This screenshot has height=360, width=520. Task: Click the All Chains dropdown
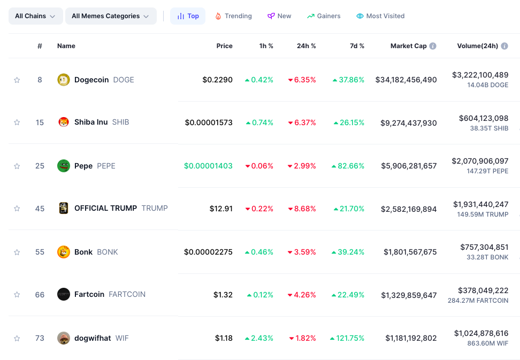[x=35, y=16]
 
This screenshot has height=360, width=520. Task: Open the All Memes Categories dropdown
[x=110, y=16]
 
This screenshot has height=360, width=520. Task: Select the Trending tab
[x=233, y=16]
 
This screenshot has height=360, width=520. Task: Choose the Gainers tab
[x=324, y=16]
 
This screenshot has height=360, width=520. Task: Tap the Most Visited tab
[x=380, y=16]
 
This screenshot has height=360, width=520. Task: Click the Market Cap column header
[x=408, y=46]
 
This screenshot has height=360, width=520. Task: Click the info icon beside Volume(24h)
[x=503, y=46]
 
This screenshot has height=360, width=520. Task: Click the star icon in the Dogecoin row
[x=17, y=80]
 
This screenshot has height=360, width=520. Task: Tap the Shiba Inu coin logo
[x=64, y=122]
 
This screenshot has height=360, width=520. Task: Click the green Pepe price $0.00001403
[x=208, y=166]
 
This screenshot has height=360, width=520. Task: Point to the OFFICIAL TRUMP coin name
[x=105, y=208]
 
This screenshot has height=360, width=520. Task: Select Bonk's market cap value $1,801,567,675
[x=410, y=252]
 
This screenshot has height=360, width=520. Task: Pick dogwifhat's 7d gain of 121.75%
[x=347, y=338]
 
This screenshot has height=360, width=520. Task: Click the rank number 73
[x=40, y=338]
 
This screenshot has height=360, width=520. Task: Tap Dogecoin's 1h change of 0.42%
[x=259, y=80]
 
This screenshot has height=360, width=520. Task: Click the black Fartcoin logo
[x=64, y=294]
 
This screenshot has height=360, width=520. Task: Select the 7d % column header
[x=357, y=46]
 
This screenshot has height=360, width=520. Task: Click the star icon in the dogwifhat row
[x=17, y=338]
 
